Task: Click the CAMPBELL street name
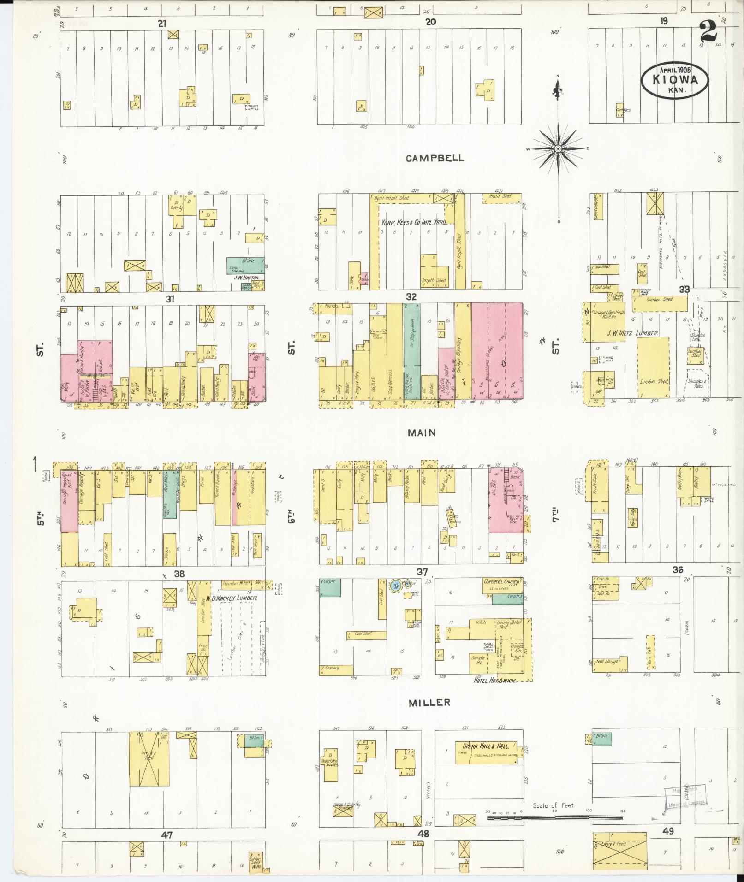[x=435, y=158]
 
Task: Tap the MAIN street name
[x=422, y=432]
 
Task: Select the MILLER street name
[x=429, y=702]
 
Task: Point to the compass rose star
[x=558, y=148]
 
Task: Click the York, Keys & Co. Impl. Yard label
[x=413, y=222]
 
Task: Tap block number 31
[x=170, y=298]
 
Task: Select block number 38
[x=179, y=574]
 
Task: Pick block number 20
[x=430, y=22]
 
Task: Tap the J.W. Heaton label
[x=245, y=277]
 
